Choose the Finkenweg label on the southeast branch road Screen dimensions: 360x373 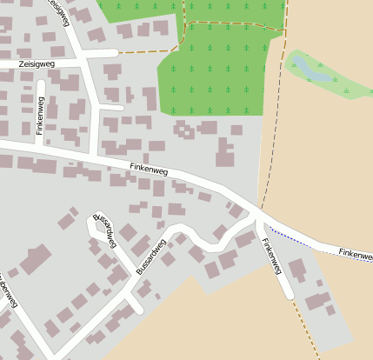[x=272, y=257]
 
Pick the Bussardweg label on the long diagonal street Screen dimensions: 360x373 [x=151, y=257]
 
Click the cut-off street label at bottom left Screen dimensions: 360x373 [x=8, y=290]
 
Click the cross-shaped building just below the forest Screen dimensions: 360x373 [x=184, y=131]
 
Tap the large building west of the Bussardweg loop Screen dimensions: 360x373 [x=35, y=259]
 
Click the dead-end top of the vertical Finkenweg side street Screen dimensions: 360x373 [x=41, y=85]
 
